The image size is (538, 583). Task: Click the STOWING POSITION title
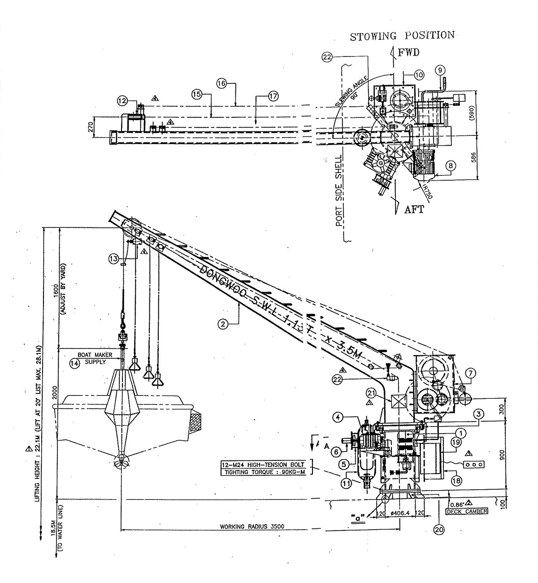402,36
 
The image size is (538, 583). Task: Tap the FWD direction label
408,52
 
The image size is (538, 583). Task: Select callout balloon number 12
123,101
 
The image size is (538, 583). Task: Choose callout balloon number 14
74,364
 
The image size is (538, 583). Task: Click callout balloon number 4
339,417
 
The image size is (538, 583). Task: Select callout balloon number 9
440,70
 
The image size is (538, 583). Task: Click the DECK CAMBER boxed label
467,511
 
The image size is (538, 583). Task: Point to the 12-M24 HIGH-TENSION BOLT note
263,464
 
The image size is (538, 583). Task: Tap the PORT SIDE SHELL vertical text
339,191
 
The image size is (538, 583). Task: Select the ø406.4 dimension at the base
399,513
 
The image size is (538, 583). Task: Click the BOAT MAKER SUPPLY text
95,358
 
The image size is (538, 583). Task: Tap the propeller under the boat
121,462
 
